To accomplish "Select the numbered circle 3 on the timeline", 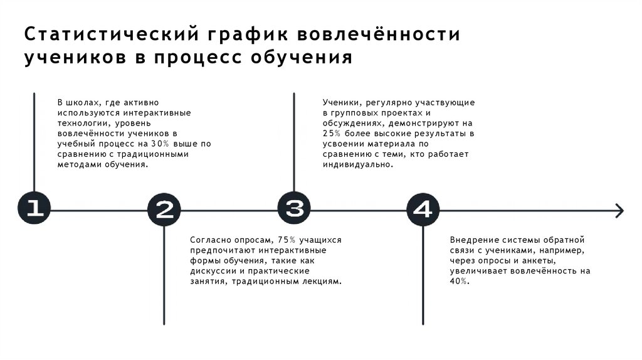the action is [294, 207].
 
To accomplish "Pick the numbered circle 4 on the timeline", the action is [423, 209].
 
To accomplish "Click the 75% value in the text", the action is [287, 240].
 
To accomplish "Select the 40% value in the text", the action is [458, 282].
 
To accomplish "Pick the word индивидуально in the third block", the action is [358, 165].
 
